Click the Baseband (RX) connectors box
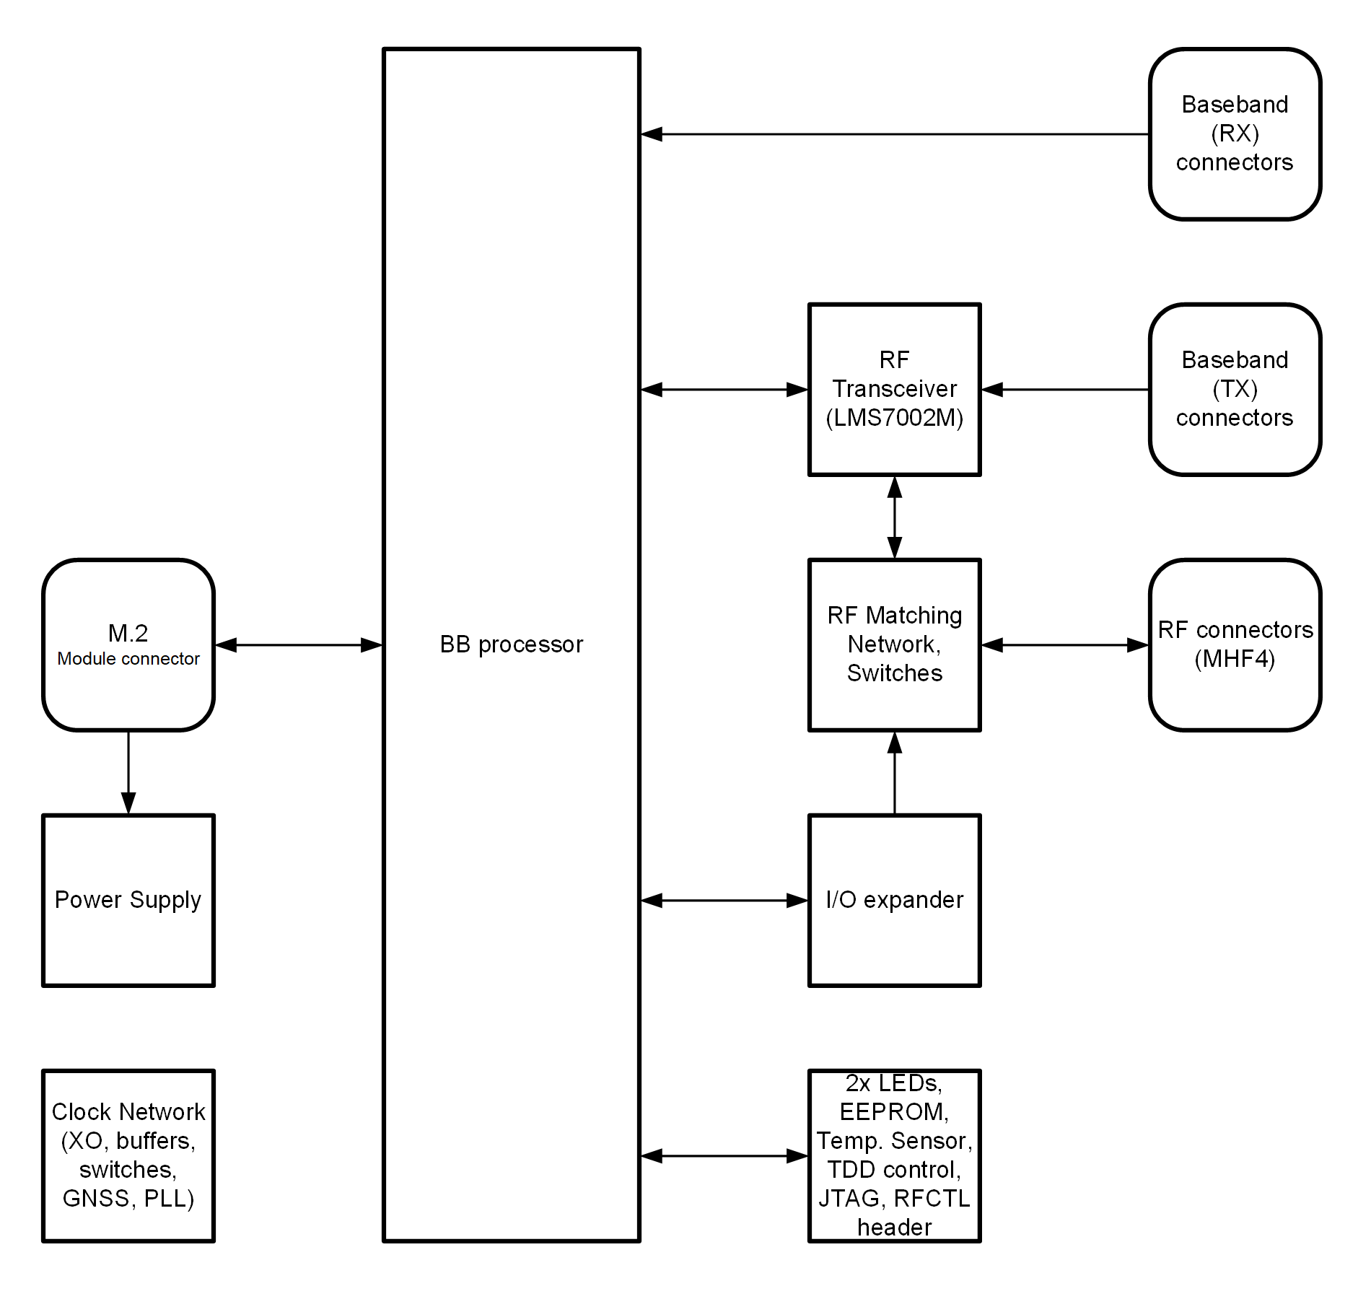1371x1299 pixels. pos(1235,134)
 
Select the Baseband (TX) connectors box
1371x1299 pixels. pos(1235,390)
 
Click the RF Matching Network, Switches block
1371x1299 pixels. pos(894,644)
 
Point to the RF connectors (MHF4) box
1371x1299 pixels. pos(1235,644)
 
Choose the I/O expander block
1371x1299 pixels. pos(894,900)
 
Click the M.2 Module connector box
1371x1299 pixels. pos(128,644)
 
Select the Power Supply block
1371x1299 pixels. pos(128,900)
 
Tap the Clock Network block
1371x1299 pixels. pos(128,1155)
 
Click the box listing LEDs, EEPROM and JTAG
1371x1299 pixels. pos(894,1155)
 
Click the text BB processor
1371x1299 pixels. pos(511,644)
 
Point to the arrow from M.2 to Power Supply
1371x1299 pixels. pos(128,772)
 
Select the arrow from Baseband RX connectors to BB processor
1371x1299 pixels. pos(895,134)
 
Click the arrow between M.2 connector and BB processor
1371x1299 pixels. pos(299,645)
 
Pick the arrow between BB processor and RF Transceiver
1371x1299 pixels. pos(724,390)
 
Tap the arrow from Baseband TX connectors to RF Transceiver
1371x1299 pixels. pos(1065,390)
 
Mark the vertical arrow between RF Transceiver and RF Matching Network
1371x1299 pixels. pos(895,517)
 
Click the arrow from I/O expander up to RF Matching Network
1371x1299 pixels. pos(895,773)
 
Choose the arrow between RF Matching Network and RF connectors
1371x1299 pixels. pos(1065,645)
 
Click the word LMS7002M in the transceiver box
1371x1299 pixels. pos(895,419)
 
